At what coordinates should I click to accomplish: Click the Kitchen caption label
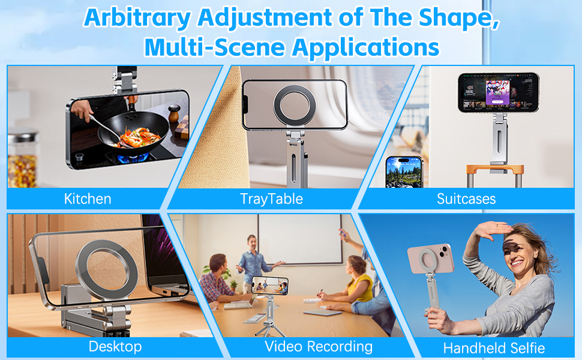point(88,199)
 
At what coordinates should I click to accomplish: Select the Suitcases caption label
point(466,199)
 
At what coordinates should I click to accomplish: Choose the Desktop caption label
point(115,346)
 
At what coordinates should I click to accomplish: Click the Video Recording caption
point(319,346)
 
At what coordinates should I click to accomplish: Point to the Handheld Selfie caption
point(494,347)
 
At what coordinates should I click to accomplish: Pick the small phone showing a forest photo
point(403,173)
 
